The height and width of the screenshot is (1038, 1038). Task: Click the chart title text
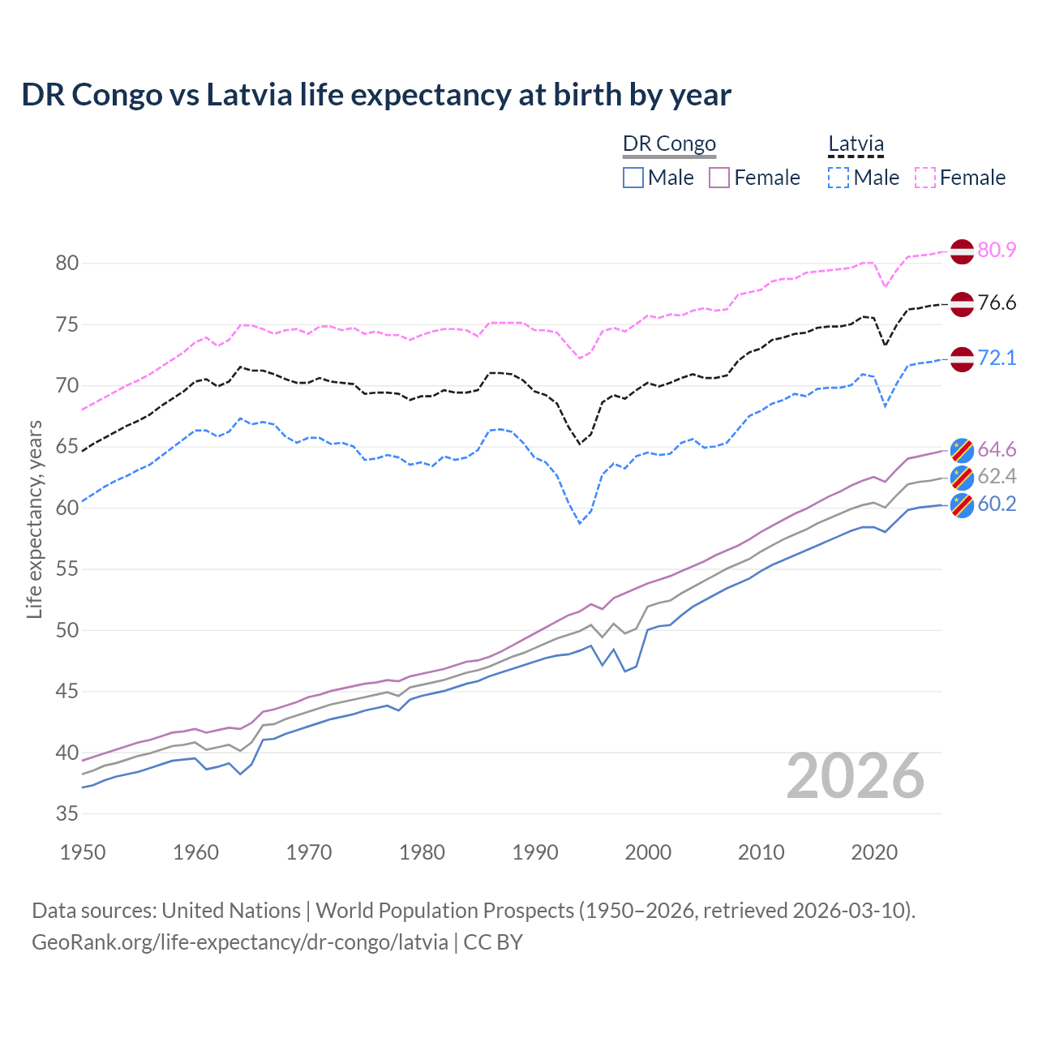tap(376, 95)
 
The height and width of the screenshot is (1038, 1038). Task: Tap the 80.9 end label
tap(997, 250)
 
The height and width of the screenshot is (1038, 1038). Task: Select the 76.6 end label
tap(997, 303)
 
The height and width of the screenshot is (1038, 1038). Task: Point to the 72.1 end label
tap(997, 358)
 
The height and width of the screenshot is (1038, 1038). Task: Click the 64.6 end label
tap(997, 449)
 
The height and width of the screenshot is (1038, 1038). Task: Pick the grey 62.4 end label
tap(997, 476)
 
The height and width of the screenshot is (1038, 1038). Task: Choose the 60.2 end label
tap(997, 504)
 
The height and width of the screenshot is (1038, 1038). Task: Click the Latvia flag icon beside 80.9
tap(962, 251)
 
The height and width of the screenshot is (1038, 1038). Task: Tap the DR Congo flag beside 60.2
tap(962, 505)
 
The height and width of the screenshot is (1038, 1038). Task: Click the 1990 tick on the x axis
tap(535, 852)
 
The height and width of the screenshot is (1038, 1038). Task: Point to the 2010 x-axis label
tap(761, 852)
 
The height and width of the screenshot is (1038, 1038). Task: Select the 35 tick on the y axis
tap(67, 813)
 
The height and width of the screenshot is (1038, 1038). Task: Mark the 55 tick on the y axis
tap(67, 569)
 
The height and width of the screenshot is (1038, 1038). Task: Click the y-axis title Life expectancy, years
tap(35, 519)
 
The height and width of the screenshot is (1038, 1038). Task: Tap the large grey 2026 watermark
tap(856, 776)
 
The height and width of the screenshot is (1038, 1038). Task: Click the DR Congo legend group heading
tap(669, 144)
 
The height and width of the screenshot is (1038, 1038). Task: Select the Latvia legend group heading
tap(856, 144)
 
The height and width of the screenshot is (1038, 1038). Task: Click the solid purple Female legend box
tap(720, 178)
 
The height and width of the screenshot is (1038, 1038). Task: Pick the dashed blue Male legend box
tap(839, 178)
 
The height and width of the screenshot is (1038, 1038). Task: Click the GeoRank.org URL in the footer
tap(240, 942)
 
